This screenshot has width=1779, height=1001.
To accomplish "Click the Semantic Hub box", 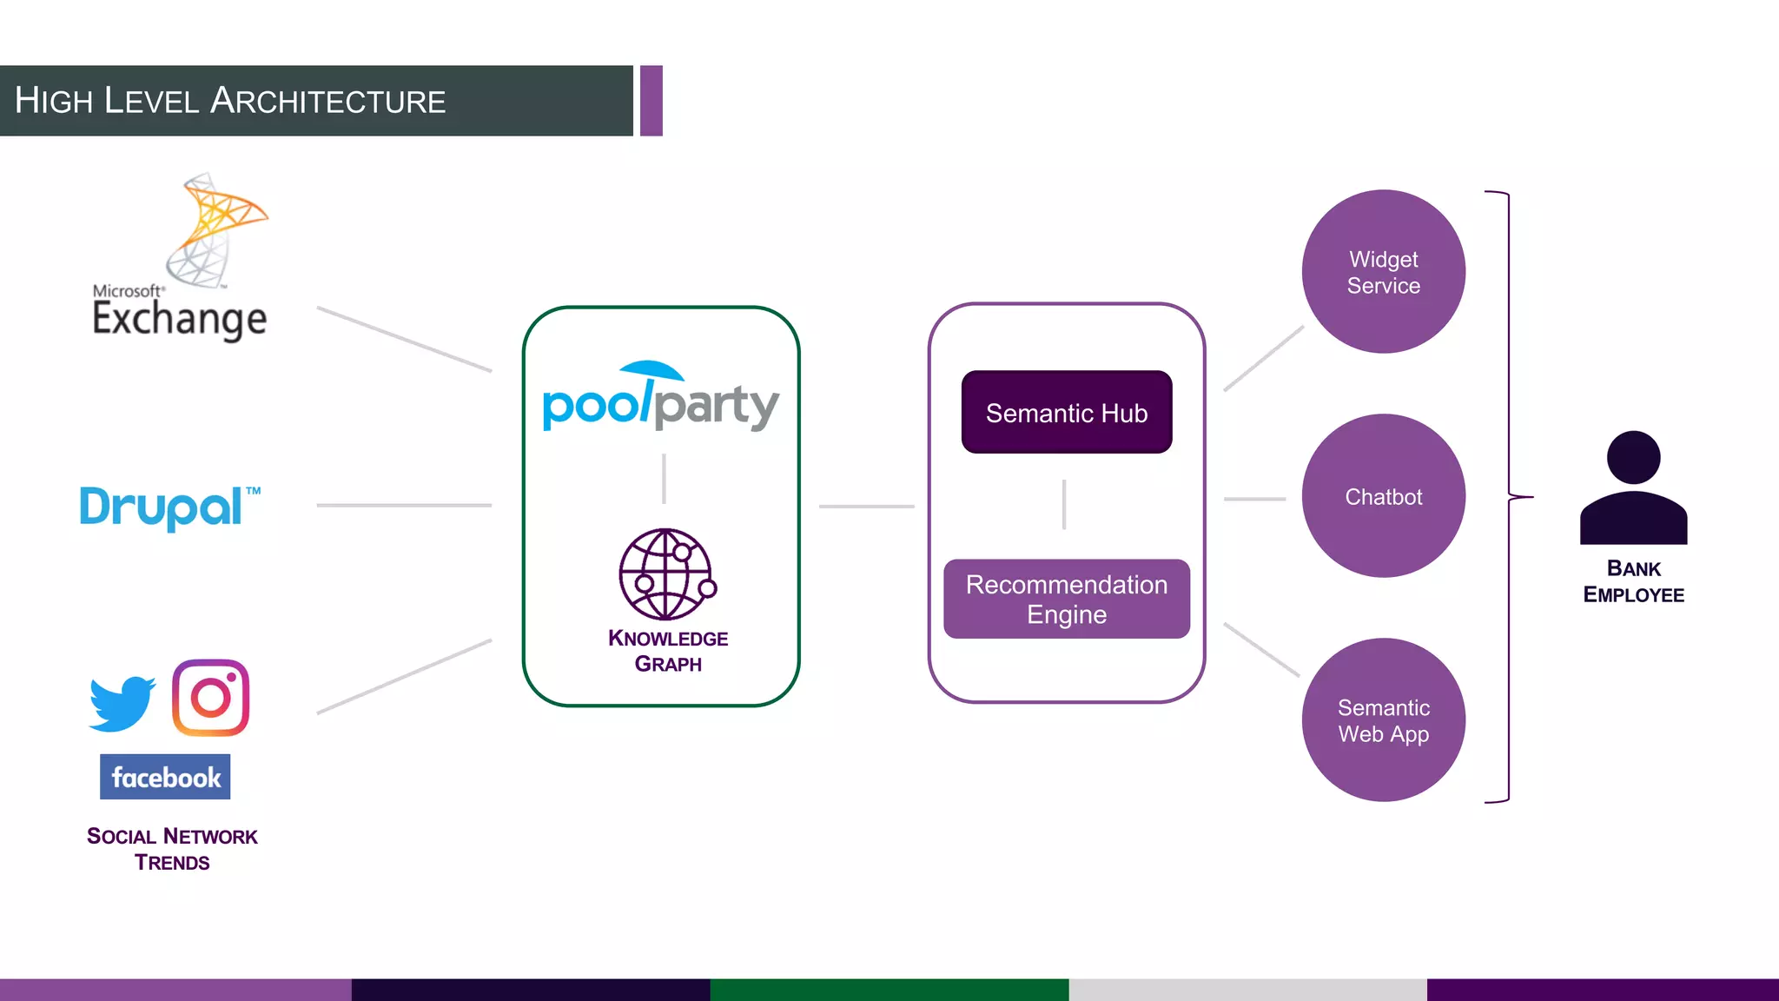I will [1066, 412].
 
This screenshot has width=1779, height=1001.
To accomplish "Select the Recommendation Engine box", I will [1066, 599].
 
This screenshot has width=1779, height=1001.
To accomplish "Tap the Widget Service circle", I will [1383, 272].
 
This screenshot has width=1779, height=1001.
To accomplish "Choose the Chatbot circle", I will [1383, 496].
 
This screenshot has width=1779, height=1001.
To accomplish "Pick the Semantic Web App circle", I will [1383, 720].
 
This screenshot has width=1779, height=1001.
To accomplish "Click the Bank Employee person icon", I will [1633, 488].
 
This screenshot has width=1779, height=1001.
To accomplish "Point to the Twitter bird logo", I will [122, 702].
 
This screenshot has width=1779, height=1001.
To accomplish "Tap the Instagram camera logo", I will [210, 698].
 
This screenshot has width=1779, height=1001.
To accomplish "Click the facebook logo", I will [165, 777].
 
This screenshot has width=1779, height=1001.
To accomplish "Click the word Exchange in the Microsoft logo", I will [179, 319].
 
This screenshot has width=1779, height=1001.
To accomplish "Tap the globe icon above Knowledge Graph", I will [666, 573].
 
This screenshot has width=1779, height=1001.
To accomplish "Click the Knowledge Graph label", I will [667, 651].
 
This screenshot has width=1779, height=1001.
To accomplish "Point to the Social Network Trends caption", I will [172, 849].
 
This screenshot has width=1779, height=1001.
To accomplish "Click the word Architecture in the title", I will [328, 102].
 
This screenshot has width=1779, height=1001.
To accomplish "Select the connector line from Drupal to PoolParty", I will [404, 505].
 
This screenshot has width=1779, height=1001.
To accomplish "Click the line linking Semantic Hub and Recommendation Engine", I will [1063, 504].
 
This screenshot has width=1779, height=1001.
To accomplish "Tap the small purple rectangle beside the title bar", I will [651, 101].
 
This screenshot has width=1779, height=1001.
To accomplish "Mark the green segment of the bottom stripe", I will [889, 990].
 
